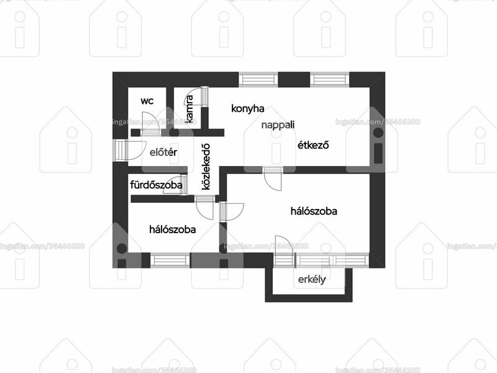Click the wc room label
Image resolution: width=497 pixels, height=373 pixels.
(x=147, y=101)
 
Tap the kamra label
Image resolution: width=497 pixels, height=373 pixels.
(x=189, y=109)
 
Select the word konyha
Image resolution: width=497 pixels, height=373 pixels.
(x=247, y=108)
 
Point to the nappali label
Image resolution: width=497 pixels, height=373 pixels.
(x=278, y=125)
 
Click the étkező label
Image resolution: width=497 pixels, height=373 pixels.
(x=313, y=145)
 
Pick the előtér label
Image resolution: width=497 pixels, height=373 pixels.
(x=163, y=152)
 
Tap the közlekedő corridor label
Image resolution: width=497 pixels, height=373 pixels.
(x=206, y=167)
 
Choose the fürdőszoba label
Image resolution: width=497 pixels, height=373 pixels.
(x=157, y=185)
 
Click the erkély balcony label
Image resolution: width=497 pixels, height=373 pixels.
(x=312, y=279)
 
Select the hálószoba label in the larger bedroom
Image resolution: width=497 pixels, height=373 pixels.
(x=314, y=211)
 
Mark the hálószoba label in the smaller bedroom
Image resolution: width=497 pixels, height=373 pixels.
(x=173, y=229)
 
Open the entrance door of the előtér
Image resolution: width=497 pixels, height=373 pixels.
(x=130, y=150)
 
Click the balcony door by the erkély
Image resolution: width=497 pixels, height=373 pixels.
(x=284, y=251)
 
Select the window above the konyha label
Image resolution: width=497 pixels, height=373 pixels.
(x=258, y=80)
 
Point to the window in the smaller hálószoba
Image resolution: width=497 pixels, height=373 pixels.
(x=170, y=260)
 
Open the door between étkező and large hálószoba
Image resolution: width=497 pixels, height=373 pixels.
(x=273, y=179)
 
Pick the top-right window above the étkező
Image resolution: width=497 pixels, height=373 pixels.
(x=330, y=80)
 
